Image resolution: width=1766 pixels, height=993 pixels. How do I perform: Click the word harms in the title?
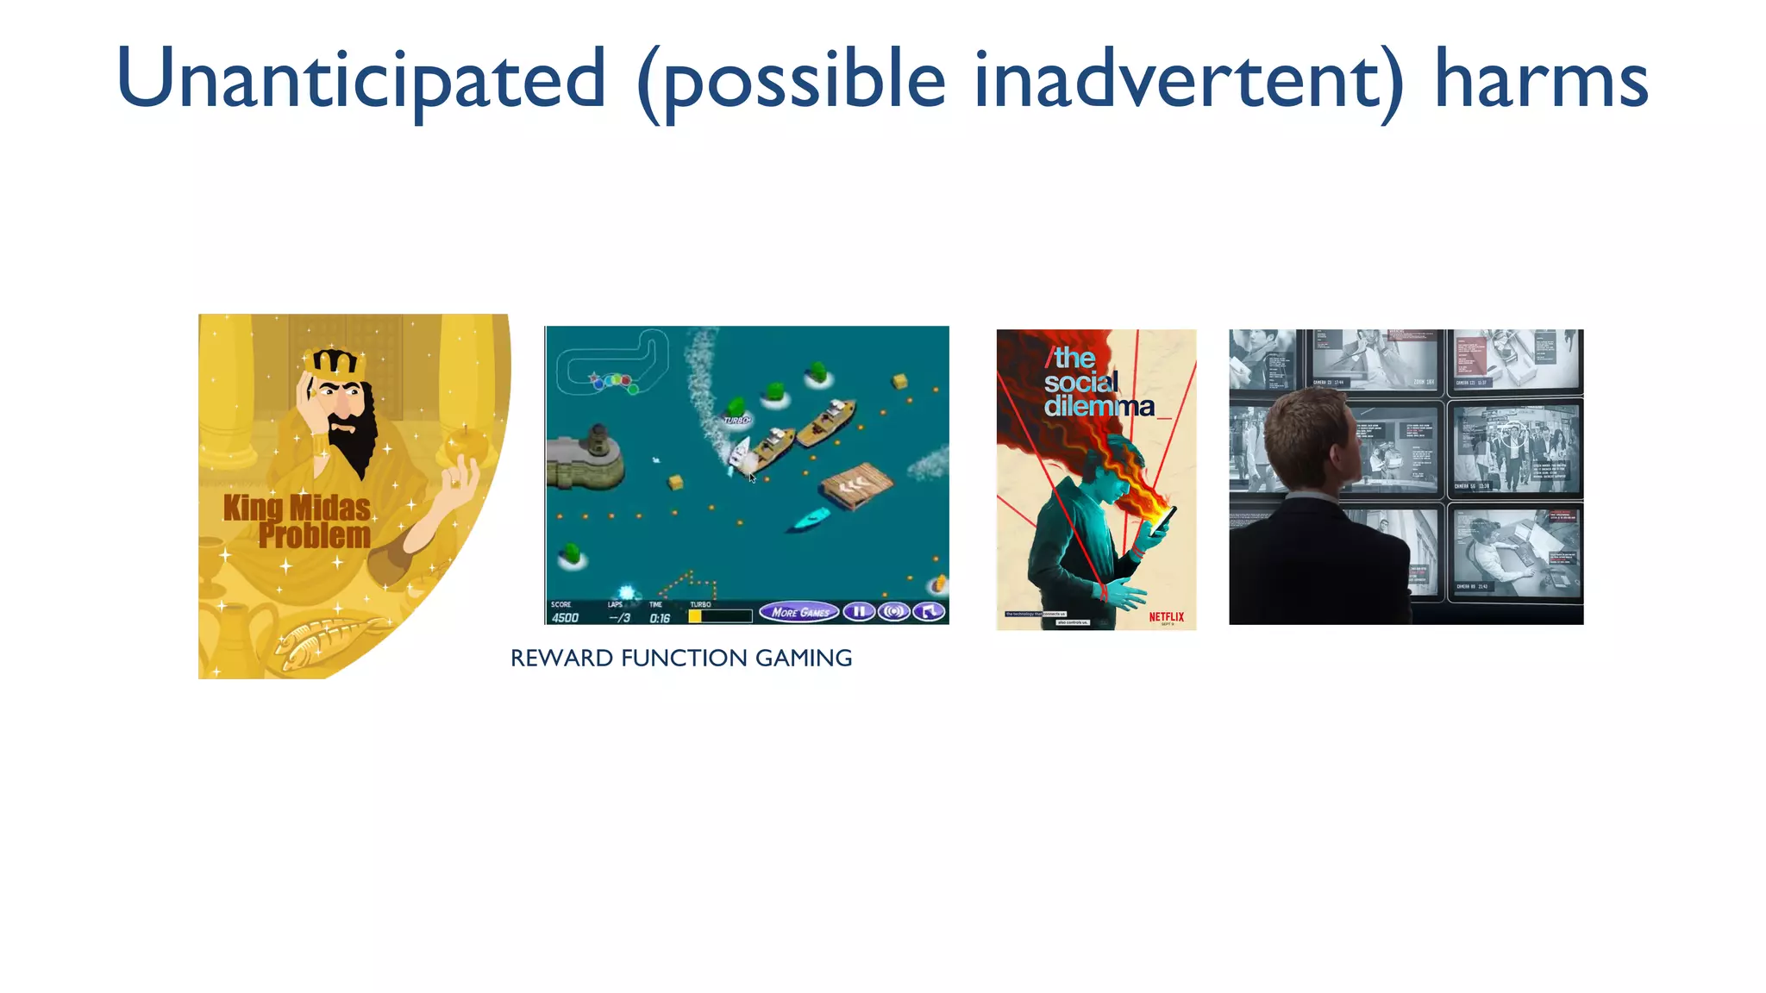[1540, 79]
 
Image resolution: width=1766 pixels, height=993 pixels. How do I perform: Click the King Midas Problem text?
[298, 521]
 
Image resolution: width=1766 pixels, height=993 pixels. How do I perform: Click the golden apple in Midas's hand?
[467, 444]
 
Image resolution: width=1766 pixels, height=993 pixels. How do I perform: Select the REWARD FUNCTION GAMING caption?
[681, 659]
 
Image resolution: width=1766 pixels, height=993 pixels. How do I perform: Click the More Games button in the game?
[798, 613]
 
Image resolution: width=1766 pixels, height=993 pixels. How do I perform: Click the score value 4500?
[566, 618]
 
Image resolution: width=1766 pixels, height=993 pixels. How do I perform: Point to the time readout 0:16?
[660, 618]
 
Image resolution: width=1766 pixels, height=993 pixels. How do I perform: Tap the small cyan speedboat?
[810, 519]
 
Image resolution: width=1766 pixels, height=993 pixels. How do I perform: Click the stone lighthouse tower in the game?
[596, 443]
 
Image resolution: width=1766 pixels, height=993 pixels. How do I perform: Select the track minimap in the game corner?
[613, 362]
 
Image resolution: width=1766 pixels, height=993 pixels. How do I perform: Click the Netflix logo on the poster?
[1166, 616]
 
